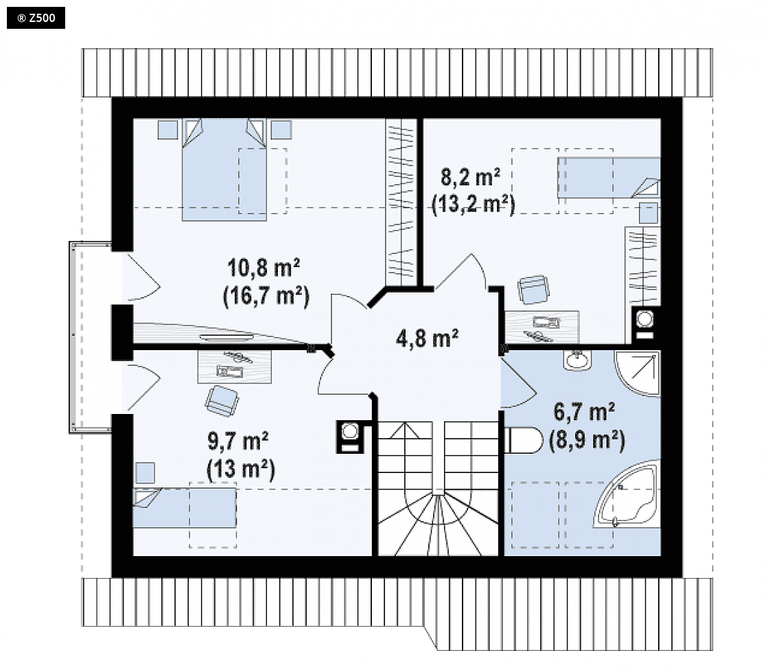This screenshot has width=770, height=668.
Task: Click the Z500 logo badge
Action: [x=36, y=18]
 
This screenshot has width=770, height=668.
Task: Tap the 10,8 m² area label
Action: [x=264, y=268]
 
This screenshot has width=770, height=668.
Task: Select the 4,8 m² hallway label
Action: [x=428, y=338]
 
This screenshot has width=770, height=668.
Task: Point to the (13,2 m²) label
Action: [x=474, y=205]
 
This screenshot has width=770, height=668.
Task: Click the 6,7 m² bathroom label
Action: [x=585, y=412]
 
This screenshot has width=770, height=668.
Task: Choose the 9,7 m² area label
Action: [x=237, y=441]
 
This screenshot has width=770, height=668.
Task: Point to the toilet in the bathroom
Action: [x=522, y=440]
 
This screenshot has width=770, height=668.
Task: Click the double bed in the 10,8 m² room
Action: [x=224, y=170]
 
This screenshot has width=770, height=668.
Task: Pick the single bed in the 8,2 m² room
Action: [x=609, y=177]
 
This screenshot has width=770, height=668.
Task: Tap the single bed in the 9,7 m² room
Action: [x=185, y=508]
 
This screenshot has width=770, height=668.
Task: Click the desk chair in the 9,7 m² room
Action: [x=222, y=401]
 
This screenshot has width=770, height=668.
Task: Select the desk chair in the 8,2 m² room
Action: [x=533, y=289]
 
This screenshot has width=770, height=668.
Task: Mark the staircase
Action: [x=438, y=488]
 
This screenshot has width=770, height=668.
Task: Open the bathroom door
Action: [x=518, y=383]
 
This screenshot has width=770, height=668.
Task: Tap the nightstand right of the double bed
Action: [x=281, y=130]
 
